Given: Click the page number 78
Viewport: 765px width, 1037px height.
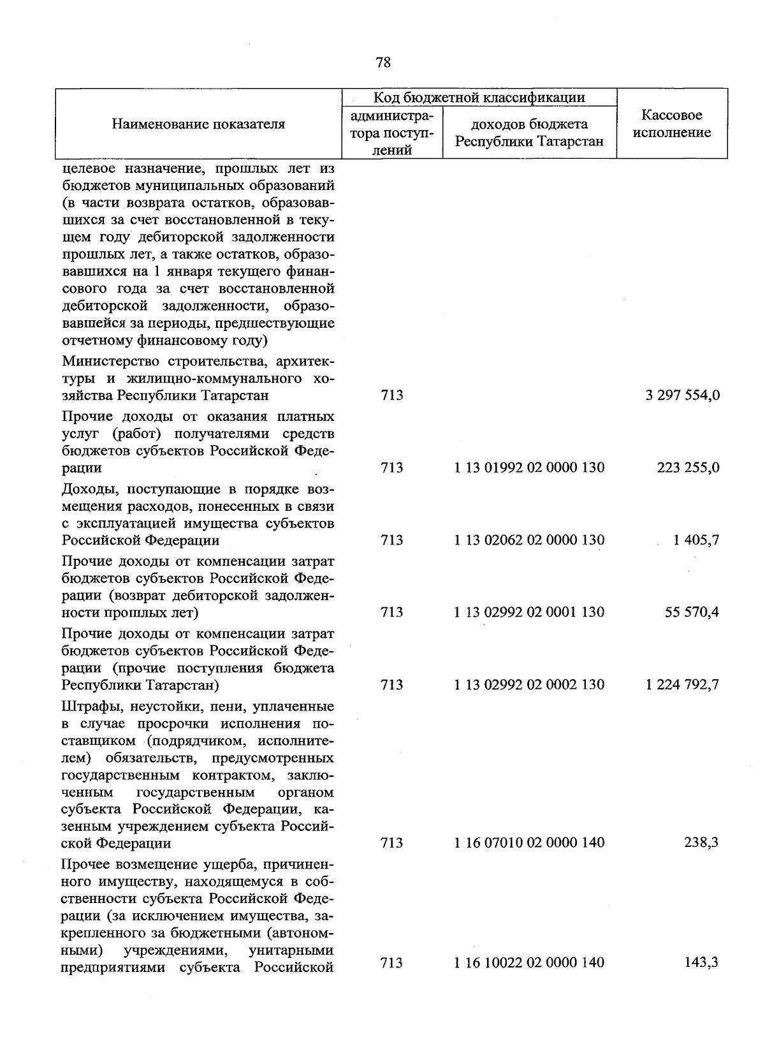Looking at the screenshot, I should click(383, 62).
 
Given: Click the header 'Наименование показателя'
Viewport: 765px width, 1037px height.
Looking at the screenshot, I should click(198, 124).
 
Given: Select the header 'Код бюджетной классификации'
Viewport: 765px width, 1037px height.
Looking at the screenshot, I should click(479, 98).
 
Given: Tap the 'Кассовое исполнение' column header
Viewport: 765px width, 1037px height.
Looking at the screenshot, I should click(672, 124).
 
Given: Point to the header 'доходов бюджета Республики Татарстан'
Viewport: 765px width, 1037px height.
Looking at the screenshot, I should click(529, 133).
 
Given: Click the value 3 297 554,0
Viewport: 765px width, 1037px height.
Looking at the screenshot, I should click(682, 395).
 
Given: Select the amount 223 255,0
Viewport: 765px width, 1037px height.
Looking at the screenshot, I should click(688, 468).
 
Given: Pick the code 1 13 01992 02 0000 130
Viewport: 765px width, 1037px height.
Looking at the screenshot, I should click(529, 468).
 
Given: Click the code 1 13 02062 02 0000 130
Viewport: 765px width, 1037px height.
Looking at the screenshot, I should click(529, 540).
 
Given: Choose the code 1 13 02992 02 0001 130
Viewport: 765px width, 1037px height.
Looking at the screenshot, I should click(529, 612).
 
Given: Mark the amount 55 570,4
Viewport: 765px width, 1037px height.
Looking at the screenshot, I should click(692, 612).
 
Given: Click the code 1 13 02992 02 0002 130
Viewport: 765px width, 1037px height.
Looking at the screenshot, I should click(529, 685).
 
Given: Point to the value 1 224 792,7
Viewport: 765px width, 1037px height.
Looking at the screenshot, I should click(682, 685).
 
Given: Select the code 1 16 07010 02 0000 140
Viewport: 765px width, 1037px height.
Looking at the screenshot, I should click(529, 843).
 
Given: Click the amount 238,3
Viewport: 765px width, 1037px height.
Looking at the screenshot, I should click(701, 843).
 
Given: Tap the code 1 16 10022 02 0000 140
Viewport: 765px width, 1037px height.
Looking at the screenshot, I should click(529, 962).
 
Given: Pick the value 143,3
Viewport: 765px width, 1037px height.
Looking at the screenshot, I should click(701, 962).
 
